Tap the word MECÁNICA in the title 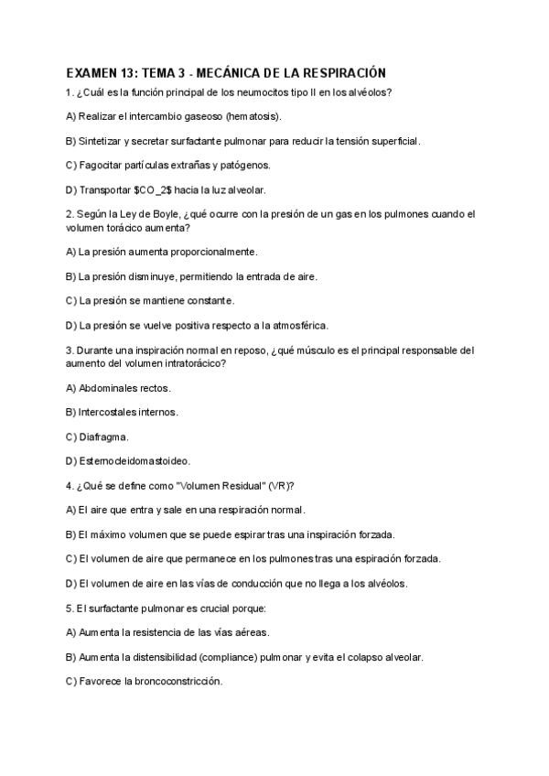coord(219,72)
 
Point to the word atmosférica coord(293,325)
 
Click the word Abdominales coord(111,387)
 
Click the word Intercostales coord(111,412)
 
